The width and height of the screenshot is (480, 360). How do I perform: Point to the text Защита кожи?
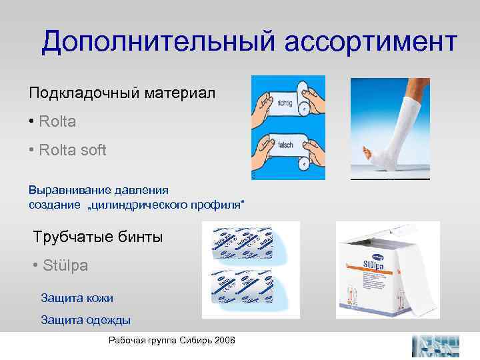77,297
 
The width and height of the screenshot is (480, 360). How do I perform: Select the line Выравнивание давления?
98,189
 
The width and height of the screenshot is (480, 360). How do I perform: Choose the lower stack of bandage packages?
241,290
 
